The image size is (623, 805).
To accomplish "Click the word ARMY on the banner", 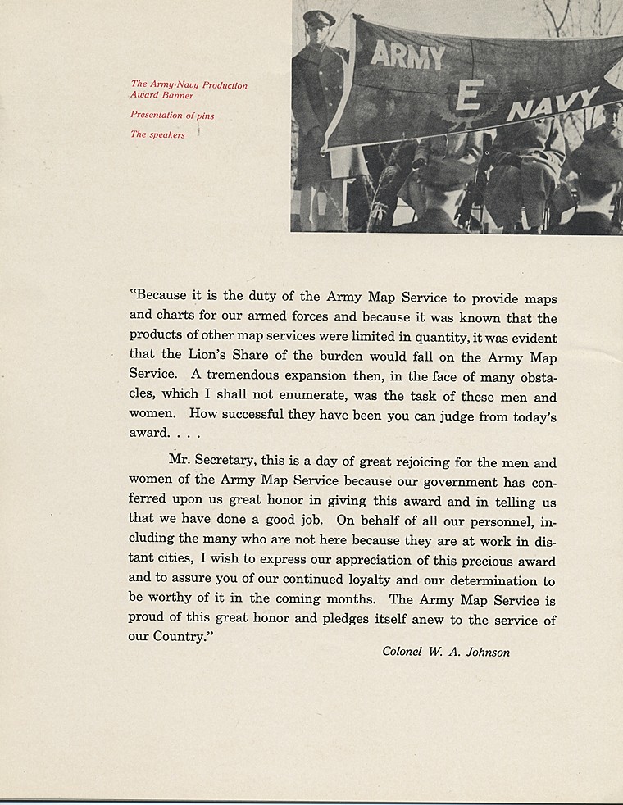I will click(407, 56).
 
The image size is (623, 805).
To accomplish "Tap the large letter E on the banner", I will click(467, 98).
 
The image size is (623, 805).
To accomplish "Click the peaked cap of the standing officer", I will click(318, 16).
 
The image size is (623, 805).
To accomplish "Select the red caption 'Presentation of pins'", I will click(172, 116).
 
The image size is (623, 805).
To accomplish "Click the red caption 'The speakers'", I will click(157, 134).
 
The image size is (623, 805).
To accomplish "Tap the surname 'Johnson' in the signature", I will click(486, 653).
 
